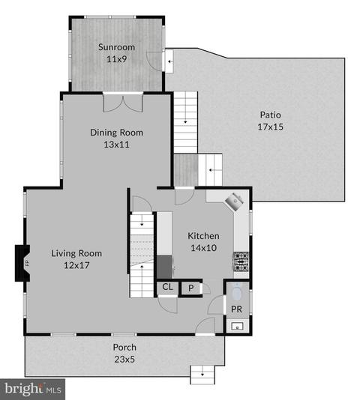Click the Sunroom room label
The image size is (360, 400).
(116, 47)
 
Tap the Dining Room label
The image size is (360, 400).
(116, 133)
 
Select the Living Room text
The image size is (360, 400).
(76, 253)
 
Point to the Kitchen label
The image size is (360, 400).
(203, 236)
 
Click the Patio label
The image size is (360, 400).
(270, 115)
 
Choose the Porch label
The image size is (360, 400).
(124, 348)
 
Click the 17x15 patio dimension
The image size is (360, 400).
(270, 127)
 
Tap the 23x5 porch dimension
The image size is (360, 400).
(124, 360)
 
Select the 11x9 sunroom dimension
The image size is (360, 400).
(116, 59)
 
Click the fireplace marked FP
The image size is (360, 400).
(22, 263)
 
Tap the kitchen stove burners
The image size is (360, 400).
(241, 261)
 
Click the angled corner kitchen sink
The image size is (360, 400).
(234, 201)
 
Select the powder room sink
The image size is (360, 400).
(237, 326)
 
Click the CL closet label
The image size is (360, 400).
(167, 287)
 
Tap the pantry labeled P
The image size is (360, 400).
(190, 288)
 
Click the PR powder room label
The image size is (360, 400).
(236, 309)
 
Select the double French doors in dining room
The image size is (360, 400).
(123, 103)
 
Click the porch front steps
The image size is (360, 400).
(202, 375)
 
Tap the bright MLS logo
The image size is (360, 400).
(33, 390)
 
